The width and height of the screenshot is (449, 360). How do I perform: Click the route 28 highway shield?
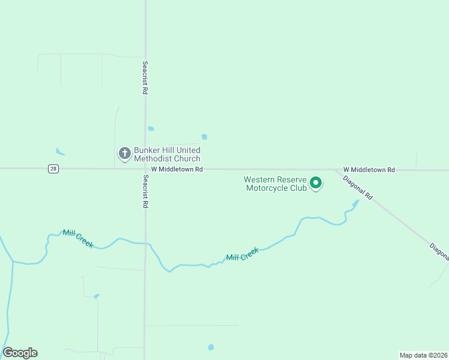pyautogui.click(x=53, y=169)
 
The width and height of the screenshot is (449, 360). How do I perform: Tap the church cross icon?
pyautogui.click(x=124, y=154)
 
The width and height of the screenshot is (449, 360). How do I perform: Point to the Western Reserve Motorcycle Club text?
pyautogui.click(x=276, y=184)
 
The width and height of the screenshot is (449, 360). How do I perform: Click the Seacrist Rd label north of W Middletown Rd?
pyautogui.click(x=145, y=77)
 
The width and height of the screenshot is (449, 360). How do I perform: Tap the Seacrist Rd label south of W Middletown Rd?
pyautogui.click(x=145, y=191)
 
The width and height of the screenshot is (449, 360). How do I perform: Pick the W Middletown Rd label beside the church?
pyautogui.click(x=177, y=170)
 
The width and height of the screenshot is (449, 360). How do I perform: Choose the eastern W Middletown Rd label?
pyautogui.click(x=369, y=170)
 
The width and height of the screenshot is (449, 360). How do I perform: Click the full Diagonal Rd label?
pyautogui.click(x=358, y=188)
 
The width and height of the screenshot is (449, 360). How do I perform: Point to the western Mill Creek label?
pyautogui.click(x=78, y=238)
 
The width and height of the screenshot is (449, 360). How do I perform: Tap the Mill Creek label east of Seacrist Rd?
pyautogui.click(x=242, y=254)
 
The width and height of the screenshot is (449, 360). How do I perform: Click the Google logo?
pyautogui.click(x=20, y=353)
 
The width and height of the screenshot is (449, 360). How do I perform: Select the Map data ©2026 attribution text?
pyautogui.click(x=424, y=355)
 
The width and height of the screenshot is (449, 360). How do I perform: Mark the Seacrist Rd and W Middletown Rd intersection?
pyautogui.click(x=145, y=169)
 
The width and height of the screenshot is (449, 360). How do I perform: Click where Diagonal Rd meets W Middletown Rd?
pyautogui.click(x=336, y=170)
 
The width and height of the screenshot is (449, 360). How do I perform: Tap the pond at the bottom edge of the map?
pyautogui.click(x=211, y=347)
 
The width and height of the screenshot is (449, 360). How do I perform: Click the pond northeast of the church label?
pyautogui.click(x=205, y=137)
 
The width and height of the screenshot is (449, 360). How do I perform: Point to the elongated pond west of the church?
pyautogui.click(x=59, y=152)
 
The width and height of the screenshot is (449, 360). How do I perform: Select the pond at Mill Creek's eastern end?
pyautogui.click(x=354, y=205)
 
